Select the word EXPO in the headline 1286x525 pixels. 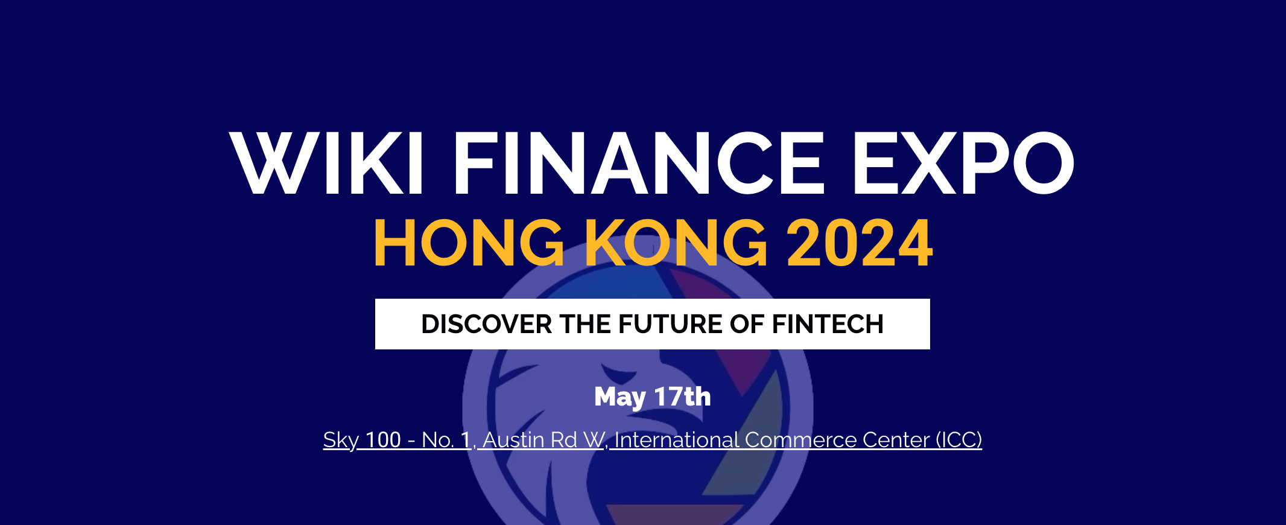[x=964, y=163]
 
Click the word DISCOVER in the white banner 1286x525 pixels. [x=487, y=324]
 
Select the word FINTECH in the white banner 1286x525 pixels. [x=828, y=324]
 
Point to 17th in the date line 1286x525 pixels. [x=683, y=396]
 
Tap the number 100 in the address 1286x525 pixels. [x=384, y=439]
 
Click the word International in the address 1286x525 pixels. [x=677, y=439]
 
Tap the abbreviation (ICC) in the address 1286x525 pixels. [x=958, y=440]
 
